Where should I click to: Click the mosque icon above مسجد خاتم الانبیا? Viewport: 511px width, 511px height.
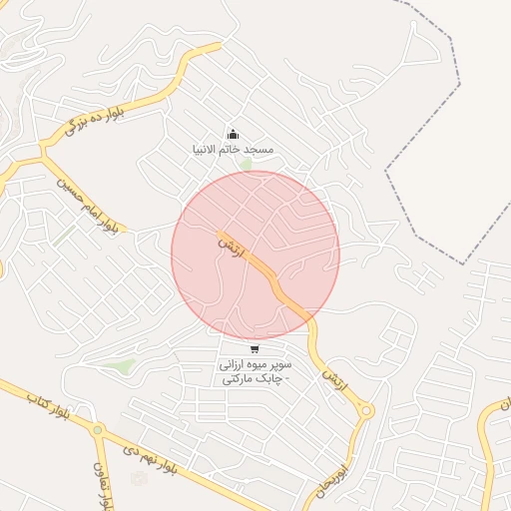(x=233, y=134)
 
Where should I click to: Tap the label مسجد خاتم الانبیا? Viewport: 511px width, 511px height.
(x=233, y=149)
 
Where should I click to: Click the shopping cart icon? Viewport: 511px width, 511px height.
(x=255, y=349)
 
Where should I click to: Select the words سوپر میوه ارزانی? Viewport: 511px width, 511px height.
(x=255, y=364)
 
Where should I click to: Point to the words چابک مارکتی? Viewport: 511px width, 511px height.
(x=255, y=379)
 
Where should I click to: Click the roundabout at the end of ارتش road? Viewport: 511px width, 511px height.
(x=366, y=410)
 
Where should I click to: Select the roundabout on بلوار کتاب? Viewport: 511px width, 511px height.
(x=98, y=430)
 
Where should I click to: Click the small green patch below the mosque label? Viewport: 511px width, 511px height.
(x=245, y=164)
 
